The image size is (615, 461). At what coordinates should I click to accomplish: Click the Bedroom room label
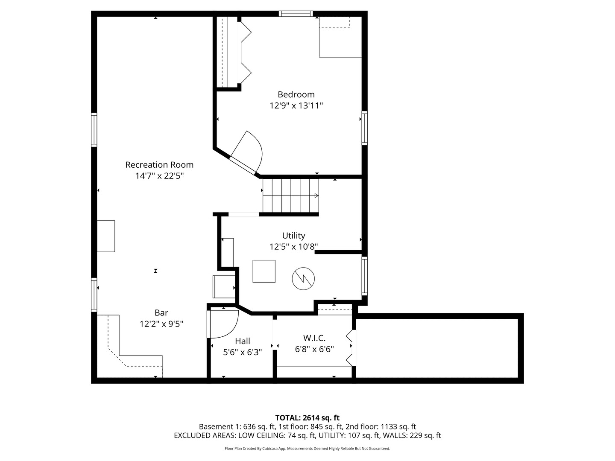coord(296,94)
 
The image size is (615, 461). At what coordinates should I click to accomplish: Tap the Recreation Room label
coord(159,165)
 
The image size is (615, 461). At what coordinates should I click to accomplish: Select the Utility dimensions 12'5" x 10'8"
coord(294,247)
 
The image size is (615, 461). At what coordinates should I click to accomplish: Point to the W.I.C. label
coord(314,338)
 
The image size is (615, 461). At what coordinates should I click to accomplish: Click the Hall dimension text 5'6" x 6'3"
coord(242,352)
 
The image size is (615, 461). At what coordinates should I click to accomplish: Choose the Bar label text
coord(161,312)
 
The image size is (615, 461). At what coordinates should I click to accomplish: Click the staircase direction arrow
coord(291,195)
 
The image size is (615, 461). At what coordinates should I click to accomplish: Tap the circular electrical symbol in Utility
coord(303,278)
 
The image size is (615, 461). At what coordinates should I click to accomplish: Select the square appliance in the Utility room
coord(264,271)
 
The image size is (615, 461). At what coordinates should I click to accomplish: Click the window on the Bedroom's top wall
coord(296,14)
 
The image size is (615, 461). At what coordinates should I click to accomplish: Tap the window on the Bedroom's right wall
coord(365,128)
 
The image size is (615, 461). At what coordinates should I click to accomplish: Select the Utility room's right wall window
coord(365,276)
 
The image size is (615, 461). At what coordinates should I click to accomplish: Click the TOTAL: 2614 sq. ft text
coord(307,418)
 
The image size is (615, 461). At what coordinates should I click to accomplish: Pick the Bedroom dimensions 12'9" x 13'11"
coord(296,105)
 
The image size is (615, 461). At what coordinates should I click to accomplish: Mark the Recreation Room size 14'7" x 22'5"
coord(159,176)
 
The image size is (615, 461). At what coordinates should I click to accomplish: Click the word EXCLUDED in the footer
coord(190,435)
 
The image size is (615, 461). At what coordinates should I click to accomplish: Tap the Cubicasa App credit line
coord(307,448)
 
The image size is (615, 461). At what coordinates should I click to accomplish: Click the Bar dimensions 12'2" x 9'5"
coord(161,324)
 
